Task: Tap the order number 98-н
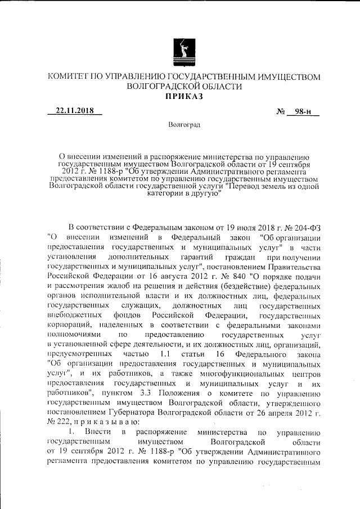(x=303, y=111)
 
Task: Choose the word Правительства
(x=294, y=266)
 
